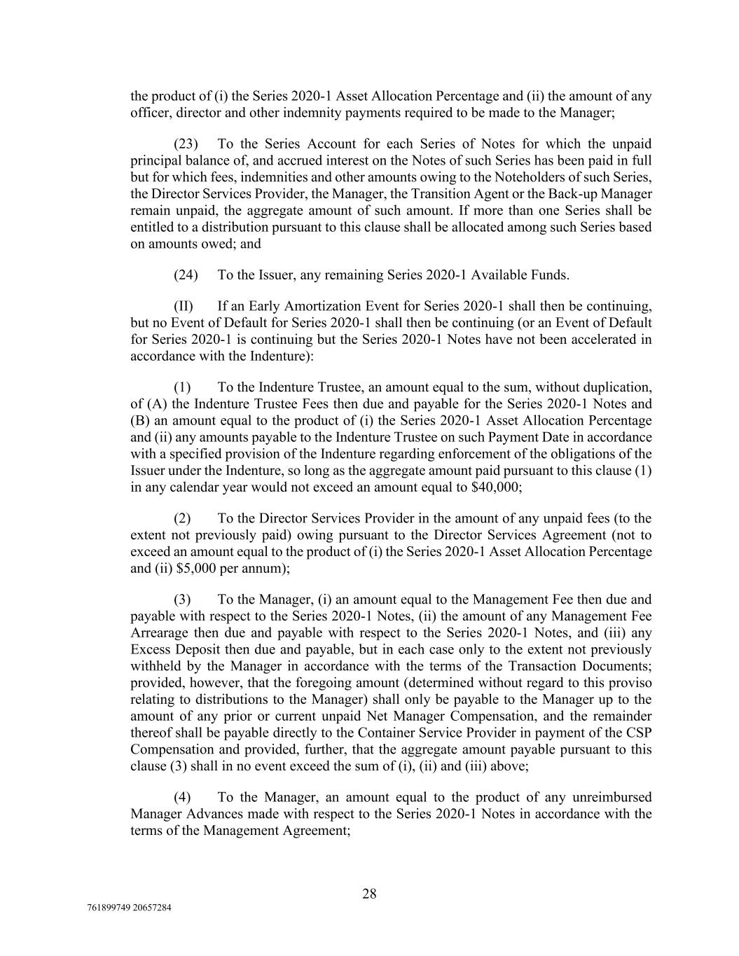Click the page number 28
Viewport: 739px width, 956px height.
tap(369, 894)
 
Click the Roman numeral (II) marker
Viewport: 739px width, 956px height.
tap(185, 307)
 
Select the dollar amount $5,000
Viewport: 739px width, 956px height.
tap(185, 569)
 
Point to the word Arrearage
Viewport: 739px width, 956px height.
tap(156, 632)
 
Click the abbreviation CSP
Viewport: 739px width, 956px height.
tap(641, 733)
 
